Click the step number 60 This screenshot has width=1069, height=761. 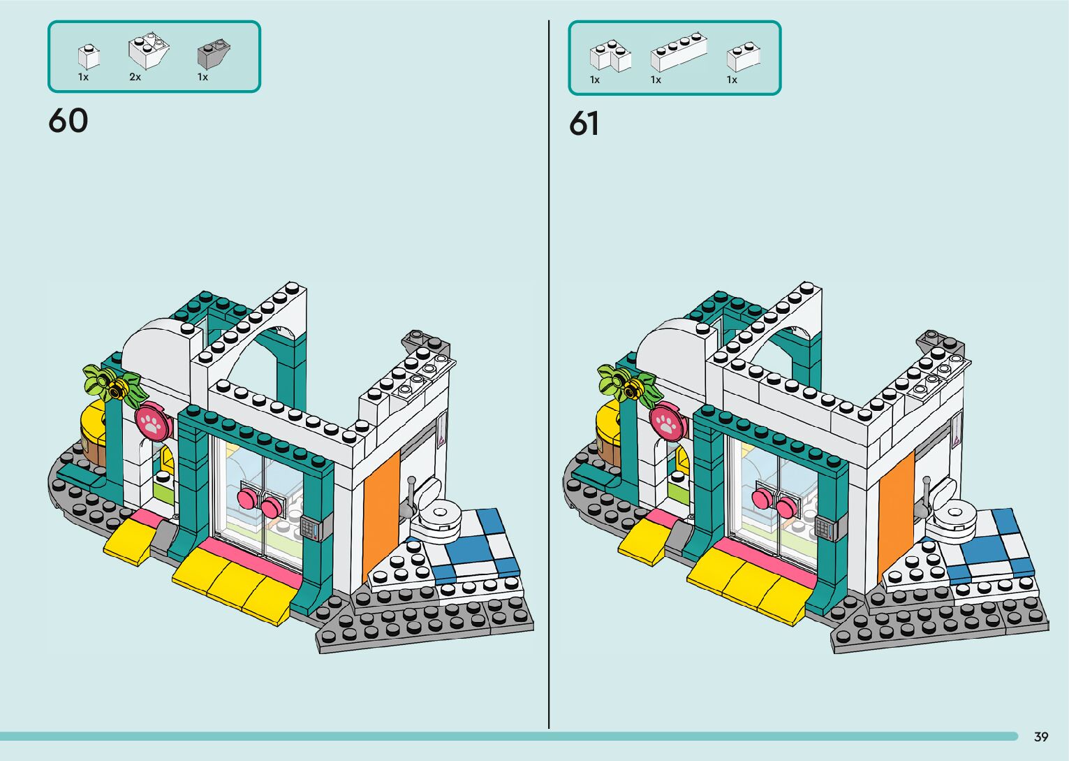point(68,121)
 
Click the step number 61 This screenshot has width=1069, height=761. point(584,124)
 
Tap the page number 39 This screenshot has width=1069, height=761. point(1041,737)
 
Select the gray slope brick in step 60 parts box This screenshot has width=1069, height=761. point(214,54)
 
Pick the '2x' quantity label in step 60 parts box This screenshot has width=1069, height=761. point(135,78)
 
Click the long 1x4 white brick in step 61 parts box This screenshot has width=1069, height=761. point(678,53)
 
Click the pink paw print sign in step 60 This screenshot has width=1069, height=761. point(152,422)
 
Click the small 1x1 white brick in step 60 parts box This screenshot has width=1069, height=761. point(88,57)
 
